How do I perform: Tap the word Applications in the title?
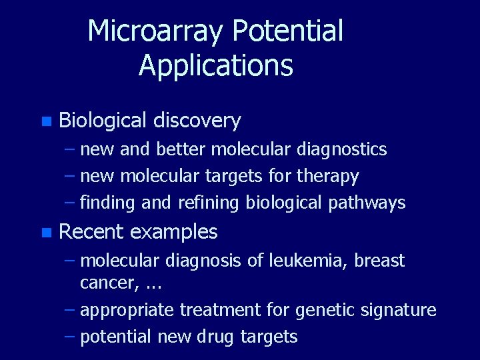(x=216, y=65)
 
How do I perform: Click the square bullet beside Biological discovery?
(x=45, y=121)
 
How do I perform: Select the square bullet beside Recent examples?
(x=45, y=233)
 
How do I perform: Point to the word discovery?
(x=197, y=121)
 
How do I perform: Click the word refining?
(x=209, y=203)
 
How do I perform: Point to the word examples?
(x=174, y=232)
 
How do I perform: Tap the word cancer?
(x=101, y=283)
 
